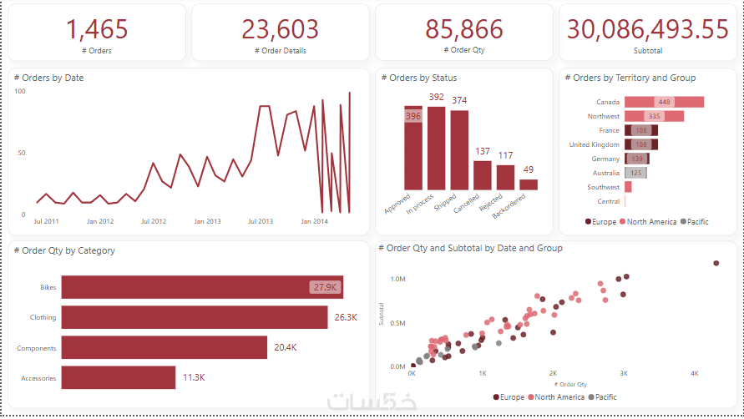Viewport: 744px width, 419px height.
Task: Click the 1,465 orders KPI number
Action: pyautogui.click(x=96, y=29)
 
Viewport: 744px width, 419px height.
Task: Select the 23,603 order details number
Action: pyautogui.click(x=280, y=29)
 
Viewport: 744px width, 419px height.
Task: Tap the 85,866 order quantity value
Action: pyautogui.click(x=463, y=29)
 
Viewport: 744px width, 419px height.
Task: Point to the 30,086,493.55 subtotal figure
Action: pyautogui.click(x=647, y=29)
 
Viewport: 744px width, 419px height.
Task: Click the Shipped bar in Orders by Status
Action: pyautogui.click(x=459, y=150)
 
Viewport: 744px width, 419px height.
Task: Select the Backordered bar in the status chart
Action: pyautogui.click(x=528, y=184)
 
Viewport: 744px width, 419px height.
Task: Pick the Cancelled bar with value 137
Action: pyautogui.click(x=483, y=174)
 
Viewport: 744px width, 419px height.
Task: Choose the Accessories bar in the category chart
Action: pyautogui.click(x=119, y=377)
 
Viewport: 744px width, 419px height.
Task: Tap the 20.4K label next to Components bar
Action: pyautogui.click(x=286, y=347)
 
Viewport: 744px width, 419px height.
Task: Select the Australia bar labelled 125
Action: pyautogui.click(x=635, y=173)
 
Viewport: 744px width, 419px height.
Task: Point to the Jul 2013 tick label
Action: pyautogui.click(x=261, y=222)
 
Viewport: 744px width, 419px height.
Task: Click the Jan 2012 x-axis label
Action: pyautogui.click(x=100, y=222)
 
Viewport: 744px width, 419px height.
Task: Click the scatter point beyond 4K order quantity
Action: pyautogui.click(x=716, y=263)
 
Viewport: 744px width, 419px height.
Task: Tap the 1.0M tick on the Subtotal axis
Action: pyautogui.click(x=398, y=280)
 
